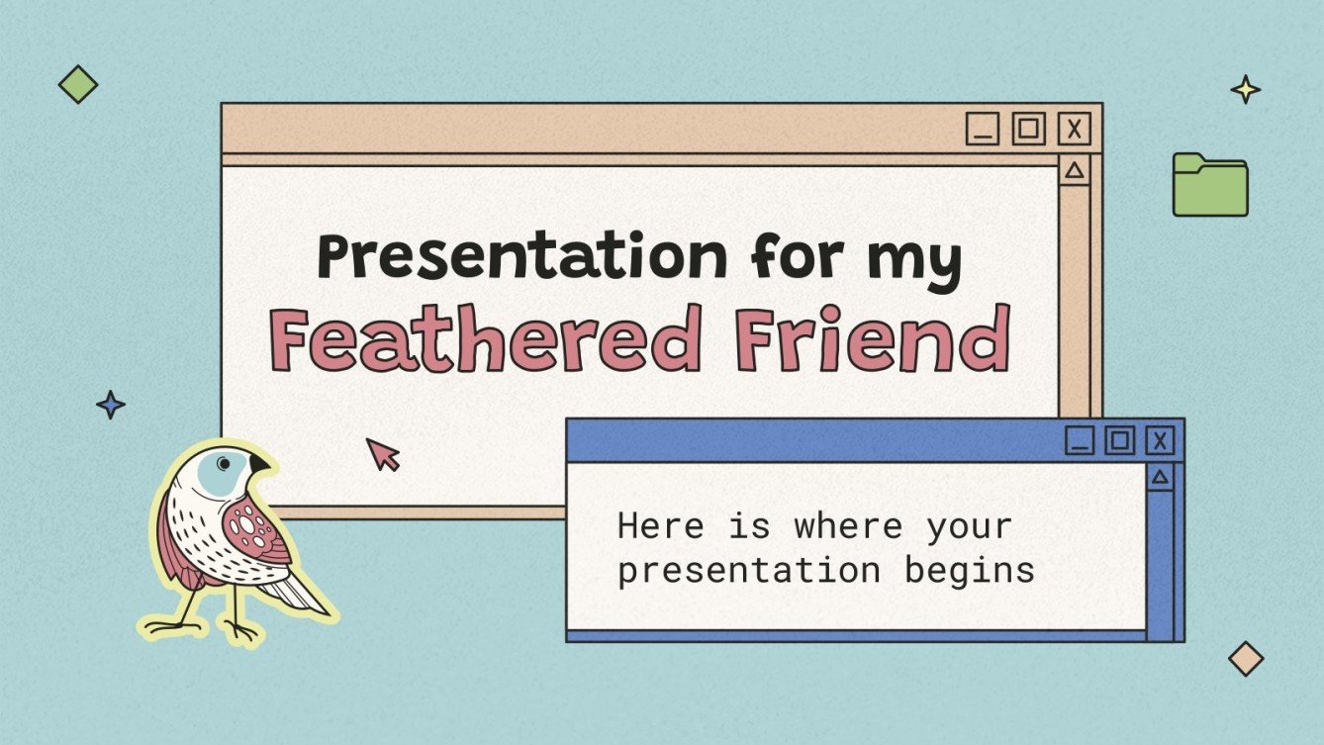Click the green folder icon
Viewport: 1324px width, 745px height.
1209,185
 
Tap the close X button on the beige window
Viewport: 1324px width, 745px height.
1074,129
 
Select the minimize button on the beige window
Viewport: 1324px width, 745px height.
983,129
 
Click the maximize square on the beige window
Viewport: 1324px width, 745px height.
1028,129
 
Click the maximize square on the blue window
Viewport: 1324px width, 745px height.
1120,439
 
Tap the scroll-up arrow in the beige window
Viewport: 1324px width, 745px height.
1075,171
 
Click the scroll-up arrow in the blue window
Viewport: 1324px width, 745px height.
1160,479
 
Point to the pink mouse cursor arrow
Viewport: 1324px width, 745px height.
382,453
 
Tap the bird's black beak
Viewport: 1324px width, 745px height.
259,464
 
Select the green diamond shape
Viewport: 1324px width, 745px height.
78,84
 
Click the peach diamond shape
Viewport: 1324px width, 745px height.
1246,658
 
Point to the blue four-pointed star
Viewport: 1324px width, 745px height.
111,404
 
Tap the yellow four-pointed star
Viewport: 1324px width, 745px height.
1246,90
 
